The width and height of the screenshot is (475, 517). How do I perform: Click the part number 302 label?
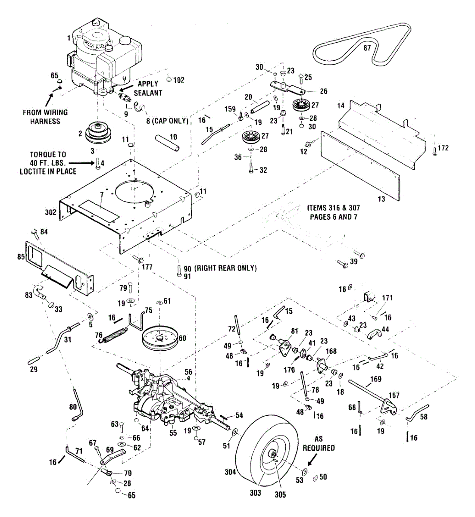click(x=50, y=212)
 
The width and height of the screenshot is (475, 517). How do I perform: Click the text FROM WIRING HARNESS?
click(x=45, y=117)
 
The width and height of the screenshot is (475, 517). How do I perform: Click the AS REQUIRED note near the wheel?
click(x=319, y=444)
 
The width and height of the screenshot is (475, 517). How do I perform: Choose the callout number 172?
click(x=443, y=148)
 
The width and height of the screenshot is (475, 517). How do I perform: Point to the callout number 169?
click(x=376, y=380)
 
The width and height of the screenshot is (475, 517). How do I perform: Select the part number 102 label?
click(x=178, y=80)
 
